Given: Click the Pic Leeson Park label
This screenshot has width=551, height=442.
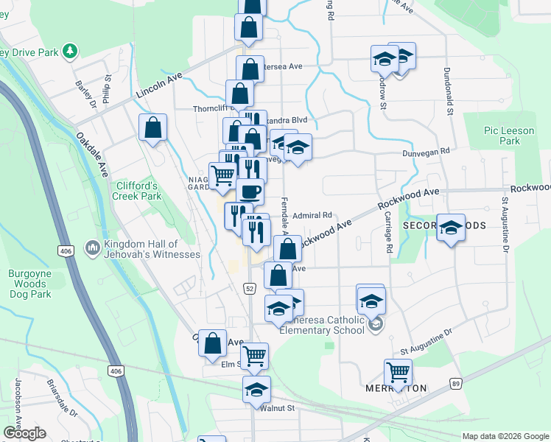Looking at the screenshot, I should point(501,135).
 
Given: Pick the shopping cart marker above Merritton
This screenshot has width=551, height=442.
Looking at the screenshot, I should point(398,371).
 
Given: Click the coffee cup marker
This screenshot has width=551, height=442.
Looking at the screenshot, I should point(250,192).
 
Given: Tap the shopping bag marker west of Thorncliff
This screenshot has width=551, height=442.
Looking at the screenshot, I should point(152,127).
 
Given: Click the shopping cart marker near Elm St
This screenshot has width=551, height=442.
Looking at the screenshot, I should point(255,355).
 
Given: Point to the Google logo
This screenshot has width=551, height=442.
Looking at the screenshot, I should point(24,433).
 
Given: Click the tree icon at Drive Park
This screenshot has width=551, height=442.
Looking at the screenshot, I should point(70,51).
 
